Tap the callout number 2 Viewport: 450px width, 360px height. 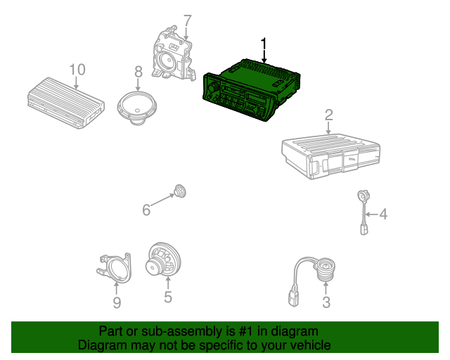pos(328,115)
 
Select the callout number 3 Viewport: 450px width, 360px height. pos(326,302)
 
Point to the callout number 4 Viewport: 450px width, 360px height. pos(383,214)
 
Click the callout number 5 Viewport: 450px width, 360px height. pos(168,297)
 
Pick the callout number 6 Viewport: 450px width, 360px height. pos(146,210)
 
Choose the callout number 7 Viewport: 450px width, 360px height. pos(187,21)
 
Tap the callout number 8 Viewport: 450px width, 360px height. pos(139,72)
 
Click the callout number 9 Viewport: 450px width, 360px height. pos(117,302)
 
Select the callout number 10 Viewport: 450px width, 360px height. pos(77,70)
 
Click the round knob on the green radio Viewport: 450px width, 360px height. pos(213,87)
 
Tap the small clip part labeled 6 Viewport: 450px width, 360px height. pos(180,191)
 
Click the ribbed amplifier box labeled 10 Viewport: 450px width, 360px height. pos(66,103)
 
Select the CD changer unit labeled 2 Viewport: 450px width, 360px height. pos(331,156)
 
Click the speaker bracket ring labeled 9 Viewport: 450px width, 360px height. pos(114,268)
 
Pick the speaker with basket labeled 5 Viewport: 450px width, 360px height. pos(163,261)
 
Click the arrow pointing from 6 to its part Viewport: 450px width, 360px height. pos(162,200)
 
